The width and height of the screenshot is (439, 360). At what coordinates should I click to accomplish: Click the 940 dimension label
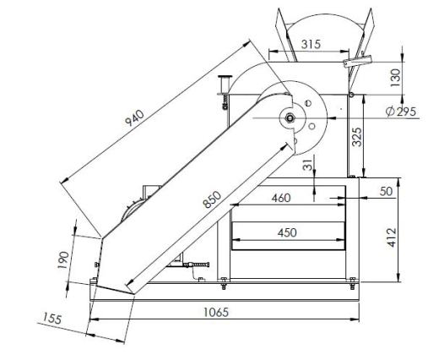click(134, 118)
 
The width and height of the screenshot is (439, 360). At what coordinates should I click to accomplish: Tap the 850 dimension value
click(213, 199)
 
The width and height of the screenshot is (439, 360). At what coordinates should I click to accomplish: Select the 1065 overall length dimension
click(216, 312)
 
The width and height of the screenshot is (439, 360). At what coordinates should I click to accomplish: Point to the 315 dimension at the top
click(311, 44)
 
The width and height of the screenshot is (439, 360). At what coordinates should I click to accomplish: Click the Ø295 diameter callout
click(401, 112)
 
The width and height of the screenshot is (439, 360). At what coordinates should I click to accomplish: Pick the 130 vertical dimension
click(395, 78)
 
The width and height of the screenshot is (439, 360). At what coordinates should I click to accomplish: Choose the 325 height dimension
click(357, 137)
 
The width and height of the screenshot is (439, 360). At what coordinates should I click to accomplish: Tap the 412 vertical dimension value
click(392, 237)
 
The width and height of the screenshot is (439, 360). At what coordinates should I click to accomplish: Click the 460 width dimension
click(281, 198)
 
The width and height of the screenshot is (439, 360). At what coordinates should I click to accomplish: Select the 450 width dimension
click(287, 232)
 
